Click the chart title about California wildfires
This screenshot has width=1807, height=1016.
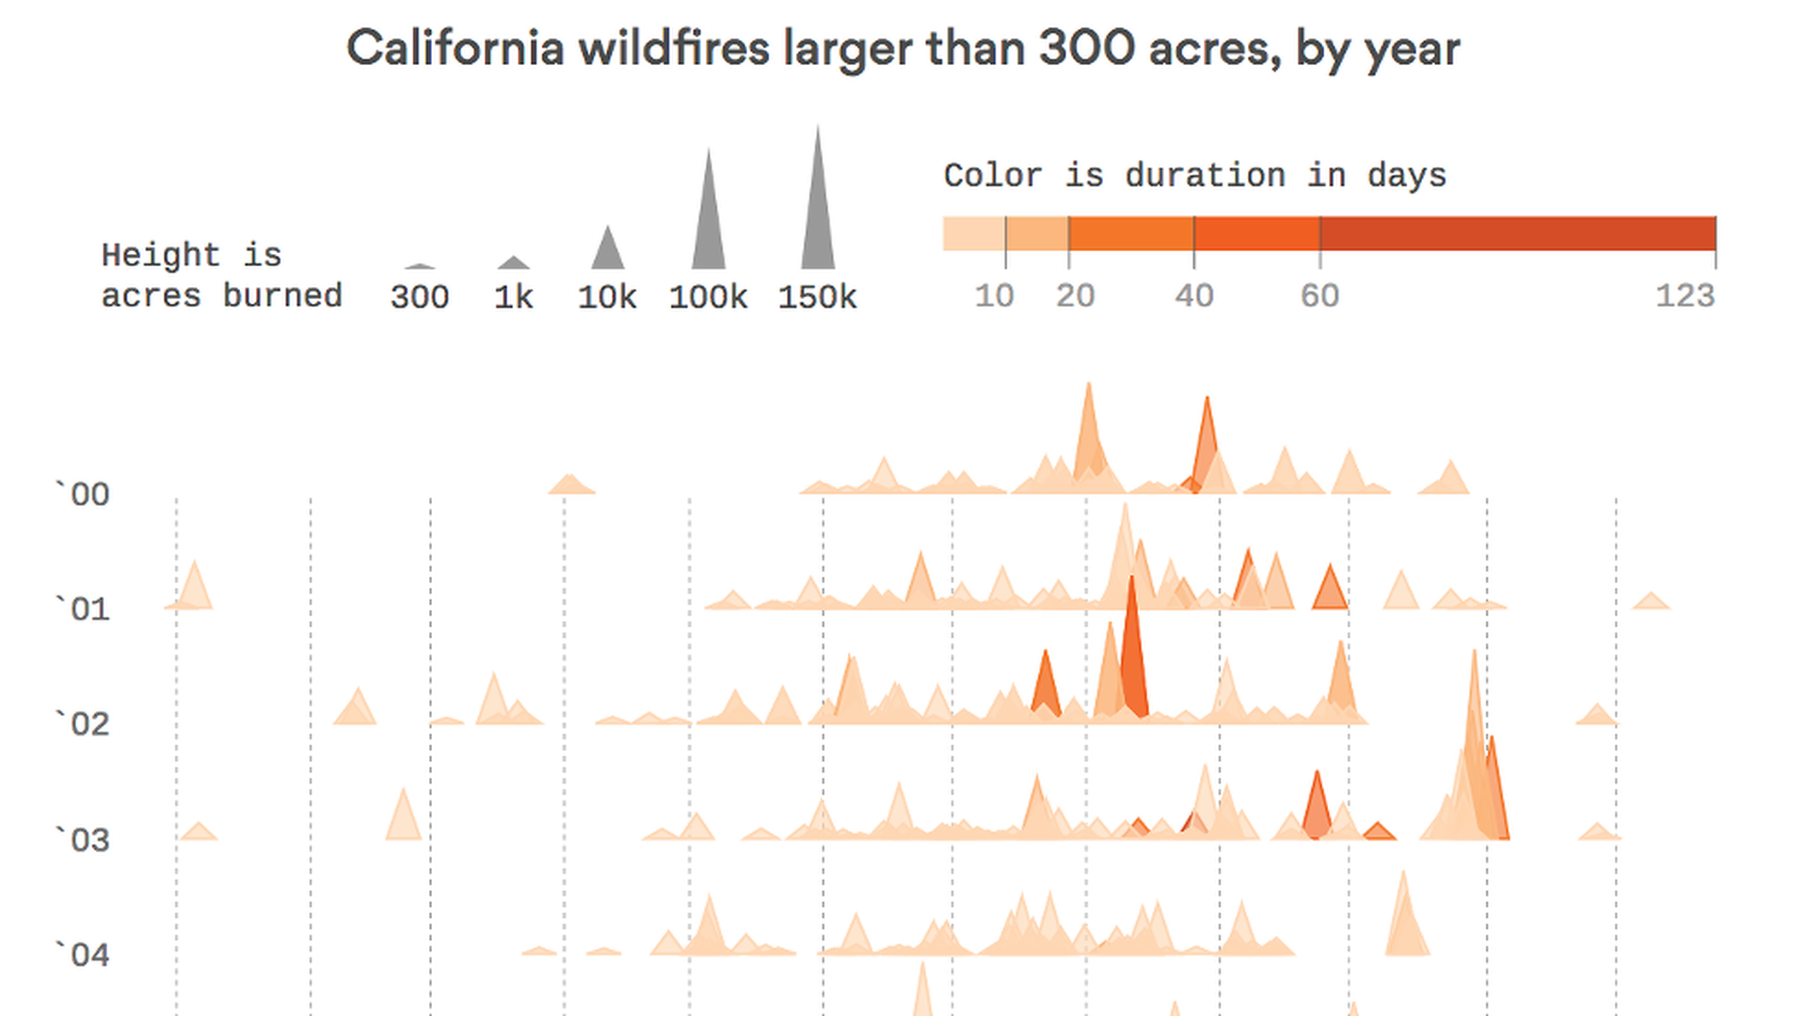point(903,49)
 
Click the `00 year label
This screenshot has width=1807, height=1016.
point(82,494)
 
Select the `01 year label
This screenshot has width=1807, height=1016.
point(82,609)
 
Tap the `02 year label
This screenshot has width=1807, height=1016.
point(82,723)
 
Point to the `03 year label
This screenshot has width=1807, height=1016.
point(82,839)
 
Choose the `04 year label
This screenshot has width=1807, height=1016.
point(82,955)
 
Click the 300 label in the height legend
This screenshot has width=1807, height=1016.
point(420,297)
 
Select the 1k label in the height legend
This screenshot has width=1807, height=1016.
point(513,297)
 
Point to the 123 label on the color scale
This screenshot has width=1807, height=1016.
point(1685,295)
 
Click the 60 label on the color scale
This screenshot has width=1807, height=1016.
point(1319,295)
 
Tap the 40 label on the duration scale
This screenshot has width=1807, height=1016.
point(1193,295)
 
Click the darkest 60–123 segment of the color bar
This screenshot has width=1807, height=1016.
point(1517,233)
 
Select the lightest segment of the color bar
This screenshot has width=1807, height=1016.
point(974,233)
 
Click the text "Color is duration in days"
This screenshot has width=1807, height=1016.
point(1194,175)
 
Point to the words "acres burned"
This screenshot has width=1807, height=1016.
point(221,295)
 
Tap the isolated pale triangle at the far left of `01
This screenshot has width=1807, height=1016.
point(195,591)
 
